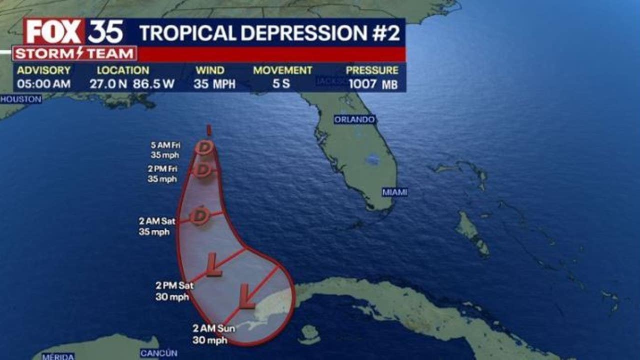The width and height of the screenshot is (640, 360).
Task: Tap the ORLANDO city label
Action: click(x=354, y=120)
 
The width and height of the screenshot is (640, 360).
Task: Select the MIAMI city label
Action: click(x=394, y=192)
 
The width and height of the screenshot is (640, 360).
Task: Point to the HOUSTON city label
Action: click(x=20, y=99)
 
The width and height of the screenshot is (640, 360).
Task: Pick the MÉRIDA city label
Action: click(x=58, y=356)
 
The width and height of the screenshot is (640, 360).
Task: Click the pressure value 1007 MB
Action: click(x=373, y=84)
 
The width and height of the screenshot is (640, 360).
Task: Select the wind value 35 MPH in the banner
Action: click(x=214, y=84)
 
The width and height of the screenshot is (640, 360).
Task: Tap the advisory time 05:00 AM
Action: click(x=43, y=84)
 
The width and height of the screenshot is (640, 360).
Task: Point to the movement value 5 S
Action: click(x=281, y=84)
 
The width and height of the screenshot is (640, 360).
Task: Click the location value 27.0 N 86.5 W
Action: click(x=132, y=84)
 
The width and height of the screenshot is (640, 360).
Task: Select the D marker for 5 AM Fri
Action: click(x=204, y=147)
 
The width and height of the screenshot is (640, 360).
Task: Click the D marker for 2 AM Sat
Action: click(x=200, y=215)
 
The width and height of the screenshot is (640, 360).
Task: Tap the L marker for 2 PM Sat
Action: click(x=214, y=264)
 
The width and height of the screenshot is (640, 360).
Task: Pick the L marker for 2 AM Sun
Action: click(x=247, y=296)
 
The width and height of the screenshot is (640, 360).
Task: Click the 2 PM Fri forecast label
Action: click(x=162, y=173)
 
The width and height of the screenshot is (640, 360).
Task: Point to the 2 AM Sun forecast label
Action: click(x=210, y=334)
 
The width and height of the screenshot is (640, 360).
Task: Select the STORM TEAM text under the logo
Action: click(x=75, y=53)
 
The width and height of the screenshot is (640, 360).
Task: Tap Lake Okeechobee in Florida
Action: click(x=372, y=159)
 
